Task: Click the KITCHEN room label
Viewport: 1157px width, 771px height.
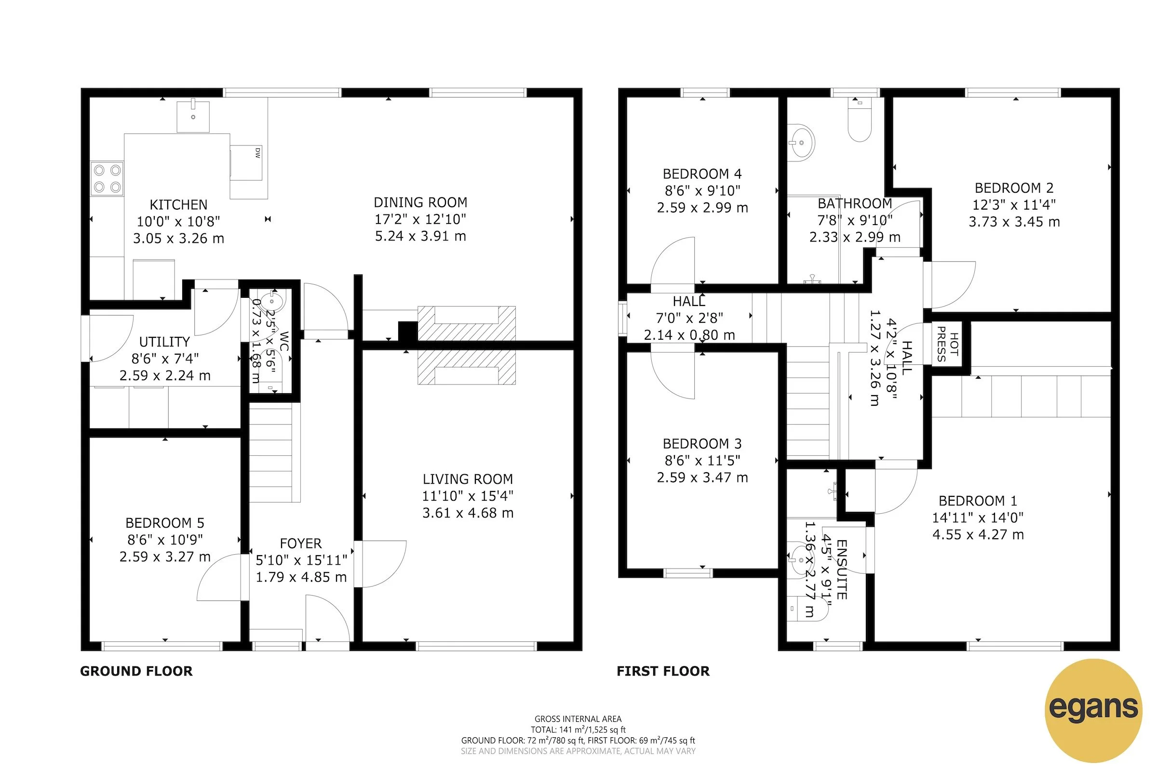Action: tap(178, 204)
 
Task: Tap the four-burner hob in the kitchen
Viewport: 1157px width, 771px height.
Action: tap(107, 178)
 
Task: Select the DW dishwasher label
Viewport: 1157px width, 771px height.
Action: tap(257, 153)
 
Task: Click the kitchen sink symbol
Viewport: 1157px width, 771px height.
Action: tap(193, 117)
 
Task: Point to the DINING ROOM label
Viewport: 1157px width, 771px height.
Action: tap(420, 202)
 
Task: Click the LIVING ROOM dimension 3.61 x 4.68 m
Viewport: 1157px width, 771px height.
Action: tap(467, 513)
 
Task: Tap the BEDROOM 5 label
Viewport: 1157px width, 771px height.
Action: tap(165, 523)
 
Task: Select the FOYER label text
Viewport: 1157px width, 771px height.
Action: tap(300, 544)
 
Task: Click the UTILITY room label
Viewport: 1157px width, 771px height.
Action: tap(164, 342)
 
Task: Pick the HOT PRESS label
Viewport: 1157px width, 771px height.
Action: tap(947, 344)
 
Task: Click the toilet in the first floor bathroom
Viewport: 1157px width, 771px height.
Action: tap(860, 120)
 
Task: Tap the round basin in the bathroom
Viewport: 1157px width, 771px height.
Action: tap(800, 143)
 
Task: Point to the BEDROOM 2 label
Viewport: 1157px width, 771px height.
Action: tap(1014, 188)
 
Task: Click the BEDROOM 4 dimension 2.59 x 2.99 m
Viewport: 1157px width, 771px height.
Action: tap(702, 208)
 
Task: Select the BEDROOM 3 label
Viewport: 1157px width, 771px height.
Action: tap(702, 443)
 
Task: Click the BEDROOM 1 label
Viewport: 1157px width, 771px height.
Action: tap(978, 501)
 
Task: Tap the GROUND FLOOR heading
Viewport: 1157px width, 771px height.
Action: tap(136, 671)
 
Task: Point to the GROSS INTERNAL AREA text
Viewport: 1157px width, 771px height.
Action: tap(578, 719)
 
